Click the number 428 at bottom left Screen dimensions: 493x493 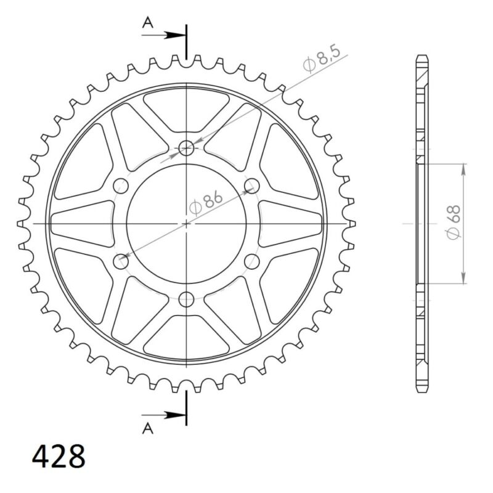[59, 457]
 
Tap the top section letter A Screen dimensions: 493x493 [148, 23]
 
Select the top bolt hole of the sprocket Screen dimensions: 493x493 [186, 147]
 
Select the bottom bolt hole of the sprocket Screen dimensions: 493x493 [186, 300]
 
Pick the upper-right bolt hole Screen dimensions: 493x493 [251, 185]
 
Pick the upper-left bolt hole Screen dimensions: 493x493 [120, 185]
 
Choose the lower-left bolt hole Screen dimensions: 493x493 [120, 262]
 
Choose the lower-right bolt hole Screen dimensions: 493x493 [251, 262]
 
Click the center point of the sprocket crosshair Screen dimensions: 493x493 [186, 223]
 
